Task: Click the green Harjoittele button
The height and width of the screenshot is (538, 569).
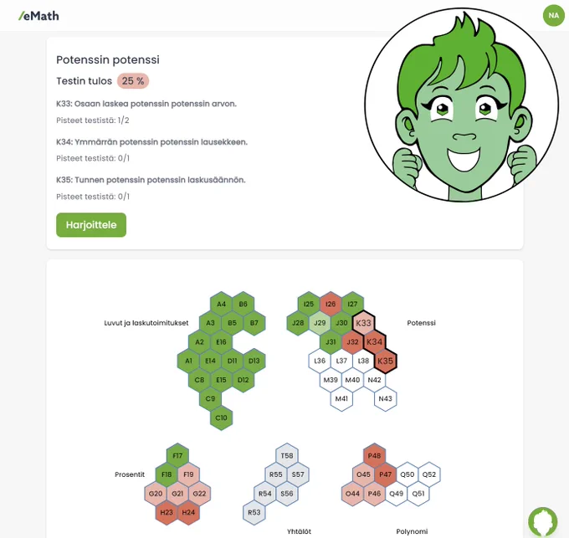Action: pos(91,225)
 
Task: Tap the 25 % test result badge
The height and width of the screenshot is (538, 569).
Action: pos(133,81)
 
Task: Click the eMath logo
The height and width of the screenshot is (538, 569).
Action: pos(38,16)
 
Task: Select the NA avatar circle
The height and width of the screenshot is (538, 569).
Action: pos(553,15)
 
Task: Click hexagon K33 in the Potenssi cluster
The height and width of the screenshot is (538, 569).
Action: pos(363,323)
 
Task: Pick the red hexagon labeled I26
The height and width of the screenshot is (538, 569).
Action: pos(331,304)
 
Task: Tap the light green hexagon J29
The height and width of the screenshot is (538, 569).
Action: pos(320,323)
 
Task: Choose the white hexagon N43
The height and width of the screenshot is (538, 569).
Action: pos(386,399)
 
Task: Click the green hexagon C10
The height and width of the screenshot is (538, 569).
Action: pos(221,418)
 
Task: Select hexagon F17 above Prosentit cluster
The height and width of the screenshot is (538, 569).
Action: pos(177,456)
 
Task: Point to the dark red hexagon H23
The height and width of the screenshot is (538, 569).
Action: pos(167,512)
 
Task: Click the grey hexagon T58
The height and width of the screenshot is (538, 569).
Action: pos(287,456)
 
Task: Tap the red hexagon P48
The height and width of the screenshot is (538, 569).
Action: pos(375,456)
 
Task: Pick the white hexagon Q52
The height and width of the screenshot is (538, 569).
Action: pos(429,474)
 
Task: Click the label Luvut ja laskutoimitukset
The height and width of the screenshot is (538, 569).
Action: pos(146,323)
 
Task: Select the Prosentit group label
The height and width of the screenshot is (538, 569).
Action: pos(130,474)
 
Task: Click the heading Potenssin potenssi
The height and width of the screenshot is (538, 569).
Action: pos(108,59)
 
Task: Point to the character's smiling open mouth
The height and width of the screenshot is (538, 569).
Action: pos(464,158)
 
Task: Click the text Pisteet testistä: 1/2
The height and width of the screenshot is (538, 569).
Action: pos(93,120)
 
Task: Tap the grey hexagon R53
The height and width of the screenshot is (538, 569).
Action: pos(254,512)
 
